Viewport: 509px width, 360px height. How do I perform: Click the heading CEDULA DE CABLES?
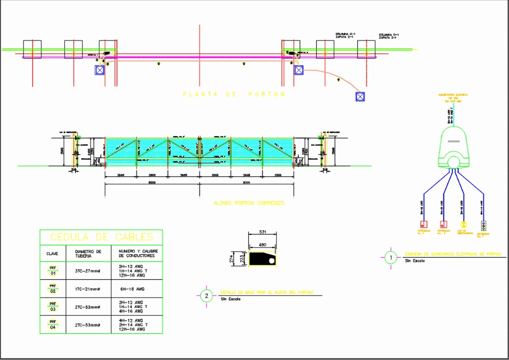coord(101,237)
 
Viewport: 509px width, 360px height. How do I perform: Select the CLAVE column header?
coord(52,254)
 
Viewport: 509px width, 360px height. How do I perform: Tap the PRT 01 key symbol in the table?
coord(53,269)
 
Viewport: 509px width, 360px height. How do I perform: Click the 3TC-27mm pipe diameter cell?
coord(87,270)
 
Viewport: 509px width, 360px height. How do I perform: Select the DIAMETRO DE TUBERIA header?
coord(88,254)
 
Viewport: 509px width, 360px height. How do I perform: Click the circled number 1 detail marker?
coord(391,257)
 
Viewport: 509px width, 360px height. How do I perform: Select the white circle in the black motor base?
coord(271,261)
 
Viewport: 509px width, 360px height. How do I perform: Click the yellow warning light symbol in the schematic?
coord(463,225)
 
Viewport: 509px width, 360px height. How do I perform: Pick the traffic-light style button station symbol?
coord(483,225)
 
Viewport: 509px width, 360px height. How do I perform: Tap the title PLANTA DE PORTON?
coord(234,95)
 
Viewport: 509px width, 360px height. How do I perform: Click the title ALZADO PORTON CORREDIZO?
coord(248,203)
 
